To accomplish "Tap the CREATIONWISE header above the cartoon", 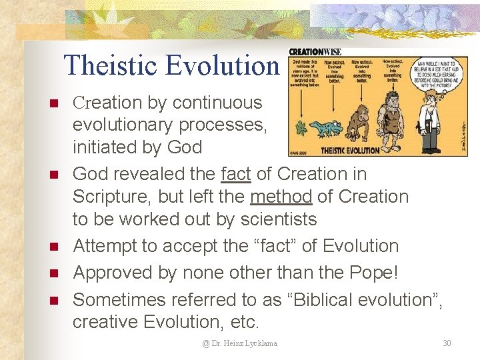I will tap(315, 52).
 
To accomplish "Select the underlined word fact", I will tap(236, 174).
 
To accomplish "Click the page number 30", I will tap(447, 343).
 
